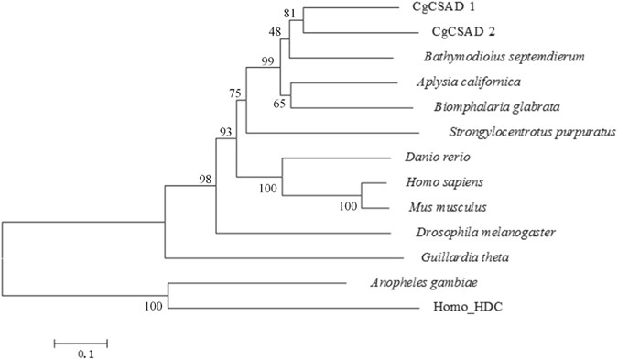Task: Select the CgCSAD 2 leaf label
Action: pyautogui.click(x=432, y=33)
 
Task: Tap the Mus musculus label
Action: pyautogui.click(x=435, y=207)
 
